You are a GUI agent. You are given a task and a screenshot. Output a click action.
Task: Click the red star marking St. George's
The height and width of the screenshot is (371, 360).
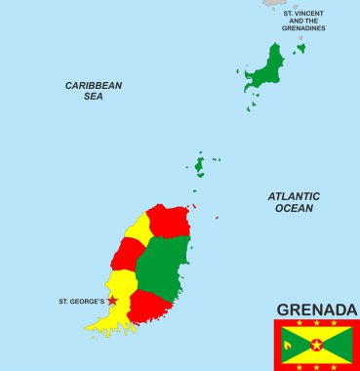112,301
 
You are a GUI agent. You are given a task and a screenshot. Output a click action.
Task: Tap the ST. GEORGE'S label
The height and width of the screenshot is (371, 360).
81,301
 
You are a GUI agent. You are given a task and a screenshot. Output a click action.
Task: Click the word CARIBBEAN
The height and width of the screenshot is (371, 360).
94,85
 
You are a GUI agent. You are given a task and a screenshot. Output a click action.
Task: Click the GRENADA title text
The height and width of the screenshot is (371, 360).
315,309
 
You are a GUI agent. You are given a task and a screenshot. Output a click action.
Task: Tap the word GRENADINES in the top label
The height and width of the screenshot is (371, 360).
303,28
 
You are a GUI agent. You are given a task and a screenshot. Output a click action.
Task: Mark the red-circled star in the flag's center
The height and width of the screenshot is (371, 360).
316,344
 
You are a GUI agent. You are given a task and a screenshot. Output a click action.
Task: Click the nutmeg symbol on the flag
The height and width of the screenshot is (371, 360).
291,344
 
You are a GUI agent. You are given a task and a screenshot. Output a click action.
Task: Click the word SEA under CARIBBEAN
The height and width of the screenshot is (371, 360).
94,97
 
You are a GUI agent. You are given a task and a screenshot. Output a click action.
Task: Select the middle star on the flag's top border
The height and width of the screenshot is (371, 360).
316,323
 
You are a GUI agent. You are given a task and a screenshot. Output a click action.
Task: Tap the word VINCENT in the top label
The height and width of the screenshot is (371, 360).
309,13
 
